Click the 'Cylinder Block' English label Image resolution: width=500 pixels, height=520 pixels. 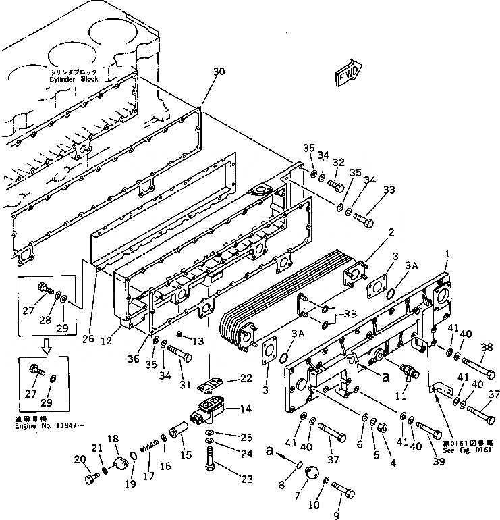74,79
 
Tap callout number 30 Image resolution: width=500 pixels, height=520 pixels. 218,72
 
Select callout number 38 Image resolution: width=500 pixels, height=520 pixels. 486,348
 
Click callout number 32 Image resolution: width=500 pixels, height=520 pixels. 338,162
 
